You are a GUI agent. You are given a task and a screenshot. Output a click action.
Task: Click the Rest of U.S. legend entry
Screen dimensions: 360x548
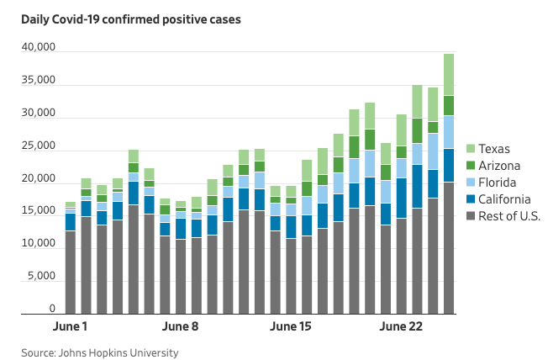coord(515,216)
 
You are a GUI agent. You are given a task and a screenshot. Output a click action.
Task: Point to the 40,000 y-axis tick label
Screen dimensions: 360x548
coord(38,49)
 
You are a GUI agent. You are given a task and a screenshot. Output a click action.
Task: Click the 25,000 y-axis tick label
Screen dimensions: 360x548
coord(38,146)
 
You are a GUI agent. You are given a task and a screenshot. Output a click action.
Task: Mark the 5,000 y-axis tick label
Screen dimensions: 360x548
coord(41,277)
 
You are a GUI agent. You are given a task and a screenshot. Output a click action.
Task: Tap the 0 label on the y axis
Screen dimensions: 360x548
coord(51,310)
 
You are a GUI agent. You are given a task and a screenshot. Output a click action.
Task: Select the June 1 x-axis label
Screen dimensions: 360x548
coord(71,326)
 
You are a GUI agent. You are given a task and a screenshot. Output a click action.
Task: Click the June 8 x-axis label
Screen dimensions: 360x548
coord(181,326)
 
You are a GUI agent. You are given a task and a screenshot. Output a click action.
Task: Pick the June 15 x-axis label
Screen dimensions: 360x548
coord(292,326)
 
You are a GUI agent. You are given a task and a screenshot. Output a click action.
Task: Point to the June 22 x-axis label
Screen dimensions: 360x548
coord(403,326)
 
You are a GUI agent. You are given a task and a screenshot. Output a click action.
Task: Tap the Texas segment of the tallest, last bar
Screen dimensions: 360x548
coord(449,74)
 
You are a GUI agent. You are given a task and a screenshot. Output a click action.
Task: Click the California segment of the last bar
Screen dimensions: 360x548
coord(449,165)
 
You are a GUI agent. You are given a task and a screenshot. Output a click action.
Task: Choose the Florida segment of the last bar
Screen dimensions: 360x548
coord(449,131)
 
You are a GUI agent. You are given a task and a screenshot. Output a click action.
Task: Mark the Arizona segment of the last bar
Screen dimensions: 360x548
coord(449,105)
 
